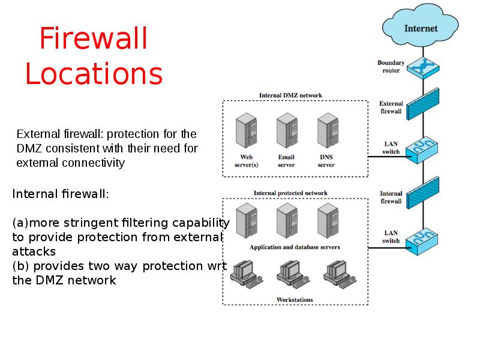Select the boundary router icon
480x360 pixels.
(423, 66)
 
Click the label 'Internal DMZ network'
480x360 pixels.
(290, 95)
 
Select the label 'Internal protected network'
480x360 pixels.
(290, 193)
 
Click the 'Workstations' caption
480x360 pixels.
(294, 299)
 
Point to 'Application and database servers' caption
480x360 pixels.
(294, 247)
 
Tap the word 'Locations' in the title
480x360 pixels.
(94, 74)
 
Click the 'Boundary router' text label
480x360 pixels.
(391, 66)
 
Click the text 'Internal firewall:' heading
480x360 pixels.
(61, 194)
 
